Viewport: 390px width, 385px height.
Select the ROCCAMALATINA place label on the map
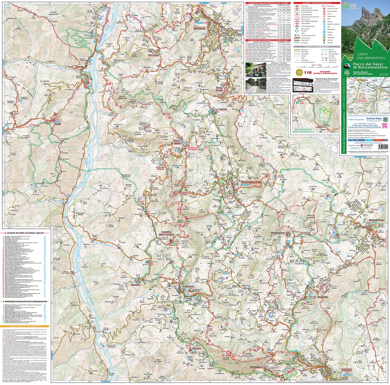(x=252, y=183)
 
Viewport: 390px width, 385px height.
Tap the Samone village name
(x=189, y=286)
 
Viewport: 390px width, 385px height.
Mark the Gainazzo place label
(x=135, y=285)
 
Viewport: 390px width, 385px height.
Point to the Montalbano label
(x=256, y=367)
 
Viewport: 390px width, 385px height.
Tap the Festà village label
(x=58, y=124)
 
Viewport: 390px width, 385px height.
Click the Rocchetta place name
(x=153, y=55)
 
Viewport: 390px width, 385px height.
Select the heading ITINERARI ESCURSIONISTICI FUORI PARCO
(x=268, y=40)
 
